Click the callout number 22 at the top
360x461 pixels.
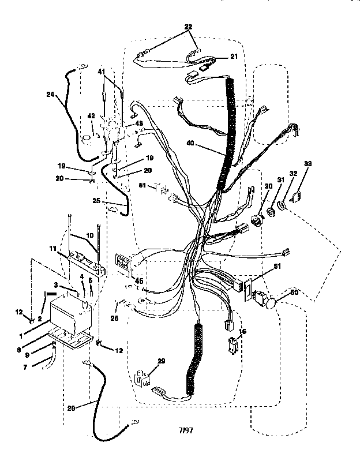(189, 27)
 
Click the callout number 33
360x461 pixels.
(307, 164)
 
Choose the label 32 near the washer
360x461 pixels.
(294, 173)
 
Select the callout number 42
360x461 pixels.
(91, 116)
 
